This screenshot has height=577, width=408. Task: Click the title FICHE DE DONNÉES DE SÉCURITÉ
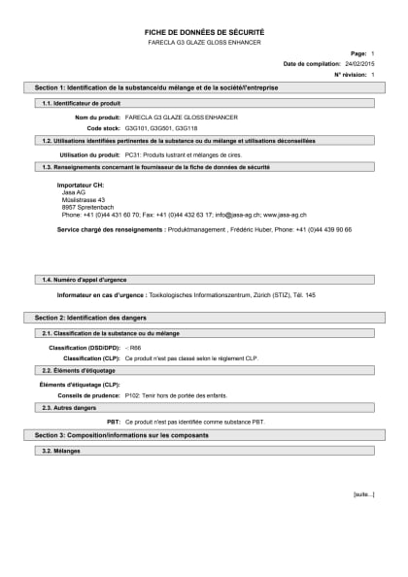204,32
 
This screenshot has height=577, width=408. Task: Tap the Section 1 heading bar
204,87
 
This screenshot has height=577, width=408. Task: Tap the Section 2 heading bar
204,318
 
